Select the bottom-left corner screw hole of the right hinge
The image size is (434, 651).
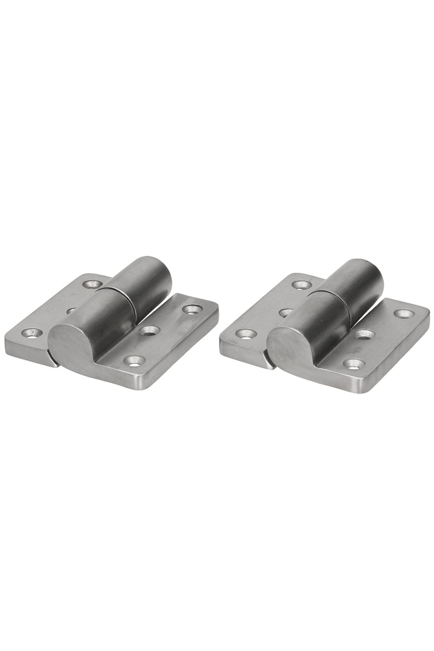tap(246, 332)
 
